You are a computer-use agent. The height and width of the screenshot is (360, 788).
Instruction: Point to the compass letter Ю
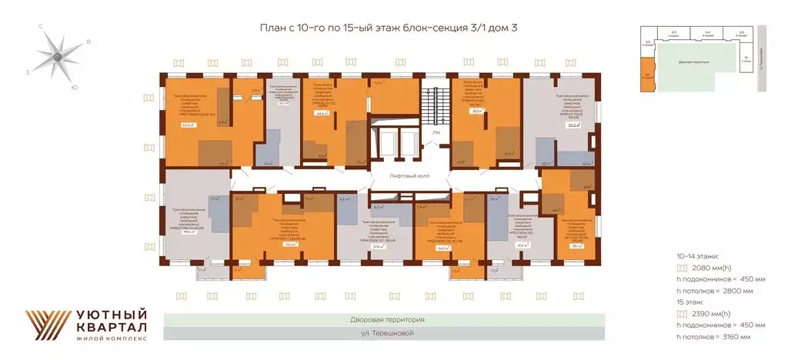(x=74, y=88)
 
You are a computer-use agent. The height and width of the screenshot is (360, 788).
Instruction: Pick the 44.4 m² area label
(x=321, y=113)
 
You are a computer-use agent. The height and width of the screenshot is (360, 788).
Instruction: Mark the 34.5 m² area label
(x=442, y=248)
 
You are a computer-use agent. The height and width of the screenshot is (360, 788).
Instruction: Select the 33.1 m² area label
(x=576, y=246)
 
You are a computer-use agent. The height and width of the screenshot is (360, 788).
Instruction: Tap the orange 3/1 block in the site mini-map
(x=647, y=80)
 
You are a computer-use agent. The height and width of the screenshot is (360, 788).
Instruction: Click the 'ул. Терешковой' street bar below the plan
(x=385, y=333)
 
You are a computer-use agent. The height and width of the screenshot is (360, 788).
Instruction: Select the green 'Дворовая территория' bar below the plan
(x=385, y=319)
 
